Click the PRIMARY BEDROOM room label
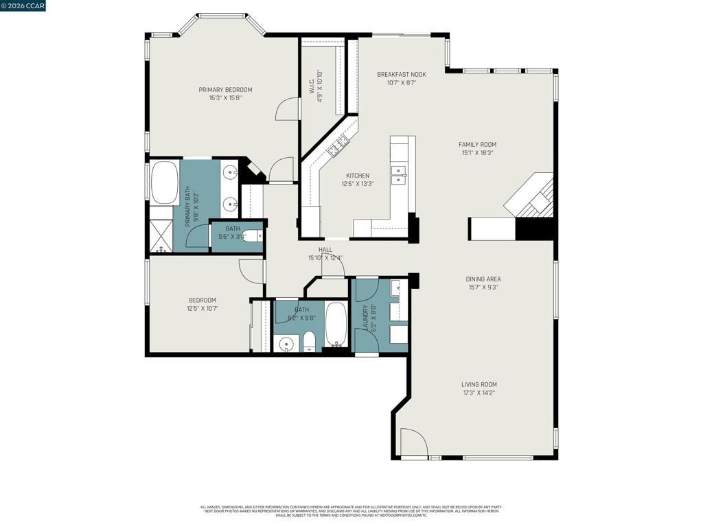pyautogui.click(x=225, y=90)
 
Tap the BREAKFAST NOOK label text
pyautogui.click(x=401, y=74)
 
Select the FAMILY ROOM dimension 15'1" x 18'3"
pyautogui.click(x=479, y=153)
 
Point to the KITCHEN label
pyautogui.click(x=357, y=176)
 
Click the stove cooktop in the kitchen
pyautogui.click(x=338, y=145)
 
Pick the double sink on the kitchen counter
pyautogui.click(x=397, y=175)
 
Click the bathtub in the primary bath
pyautogui.click(x=164, y=182)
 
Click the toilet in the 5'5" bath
pyautogui.click(x=253, y=237)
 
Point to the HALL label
pyautogui.click(x=325, y=250)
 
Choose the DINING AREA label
pyautogui.click(x=483, y=279)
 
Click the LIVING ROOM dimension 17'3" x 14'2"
pyautogui.click(x=479, y=393)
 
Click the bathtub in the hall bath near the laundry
pyautogui.click(x=336, y=323)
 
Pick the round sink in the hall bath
pyautogui.click(x=286, y=343)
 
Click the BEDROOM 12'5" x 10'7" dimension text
pyautogui.click(x=203, y=308)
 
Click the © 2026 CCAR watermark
pyautogui.click(x=23, y=6)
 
